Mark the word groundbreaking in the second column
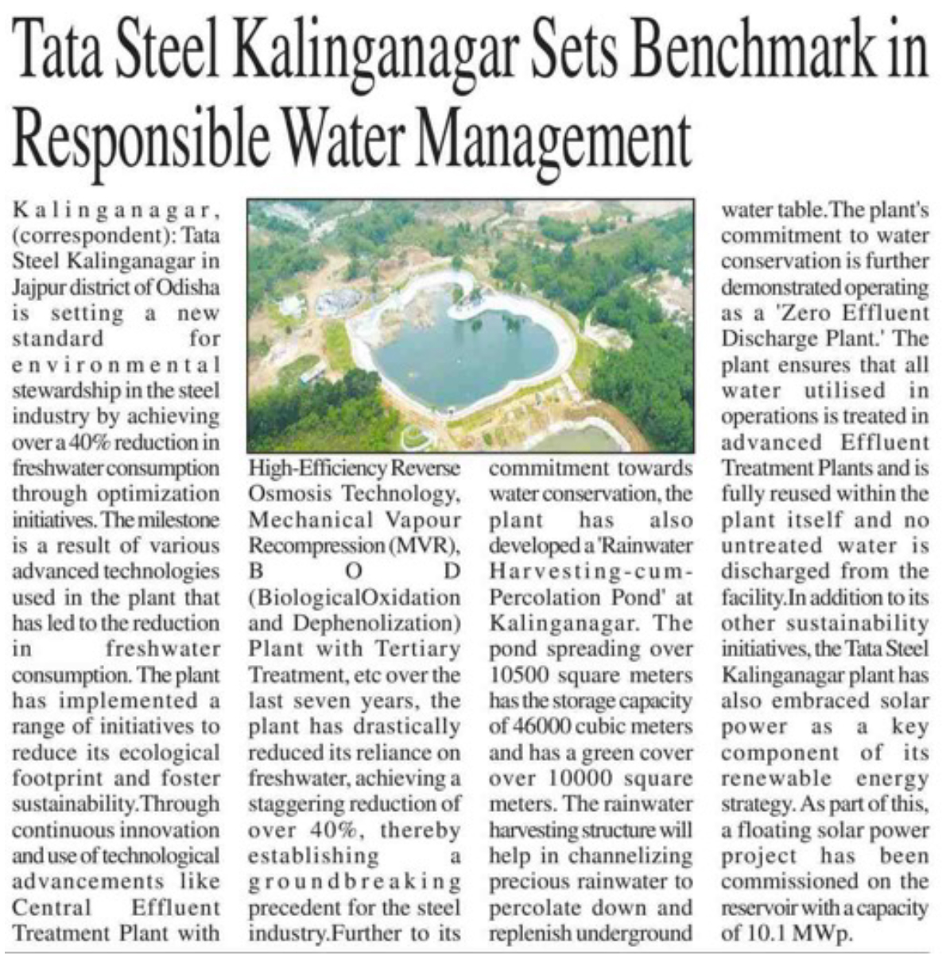(x=355, y=882)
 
